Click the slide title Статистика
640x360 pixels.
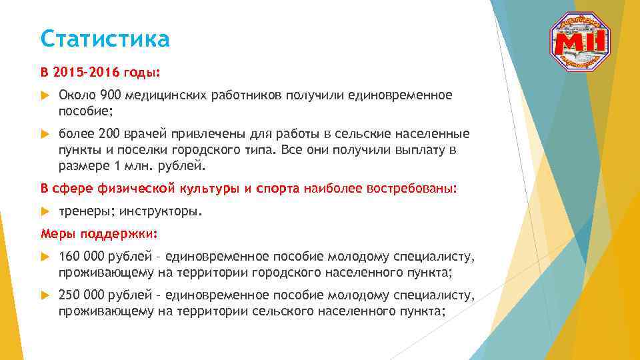(x=105, y=39)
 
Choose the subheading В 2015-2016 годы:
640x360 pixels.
(x=101, y=71)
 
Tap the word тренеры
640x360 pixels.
(x=86, y=211)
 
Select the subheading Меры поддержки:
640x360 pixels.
(x=99, y=234)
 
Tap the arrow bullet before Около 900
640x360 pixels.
(x=45, y=95)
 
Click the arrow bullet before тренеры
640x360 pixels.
(x=45, y=211)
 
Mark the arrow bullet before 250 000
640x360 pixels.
(x=45, y=295)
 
